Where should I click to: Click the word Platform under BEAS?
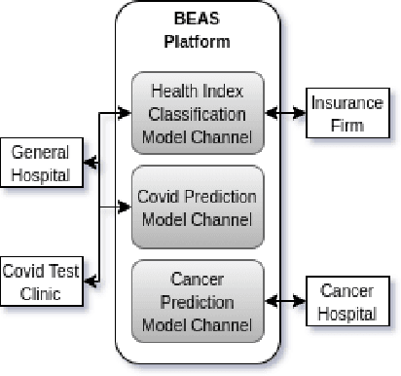[198, 42]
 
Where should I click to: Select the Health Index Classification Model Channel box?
[198, 113]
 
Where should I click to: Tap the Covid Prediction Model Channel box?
[198, 207]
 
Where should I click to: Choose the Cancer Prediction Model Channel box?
[198, 300]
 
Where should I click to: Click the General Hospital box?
[42, 165]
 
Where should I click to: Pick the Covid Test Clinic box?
[41, 281]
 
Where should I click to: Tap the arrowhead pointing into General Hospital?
[88, 165]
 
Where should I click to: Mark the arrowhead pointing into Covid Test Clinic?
[89, 282]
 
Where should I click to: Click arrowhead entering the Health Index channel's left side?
[125, 114]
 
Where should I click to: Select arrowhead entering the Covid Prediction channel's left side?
[125, 207]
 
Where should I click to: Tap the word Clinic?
[41, 291]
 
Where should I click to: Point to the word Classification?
[199, 113]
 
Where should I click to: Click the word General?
[42, 155]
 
